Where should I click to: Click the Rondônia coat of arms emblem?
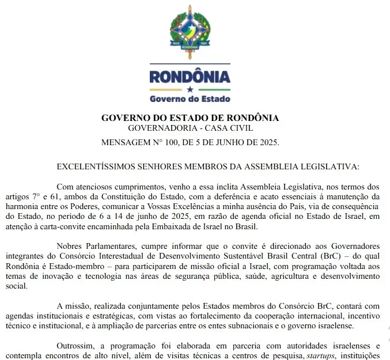coord(190,31)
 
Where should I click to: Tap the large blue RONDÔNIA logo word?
coord(190,76)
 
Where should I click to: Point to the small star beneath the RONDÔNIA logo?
coord(190,89)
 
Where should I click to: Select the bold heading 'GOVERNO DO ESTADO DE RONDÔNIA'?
coord(190,118)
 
